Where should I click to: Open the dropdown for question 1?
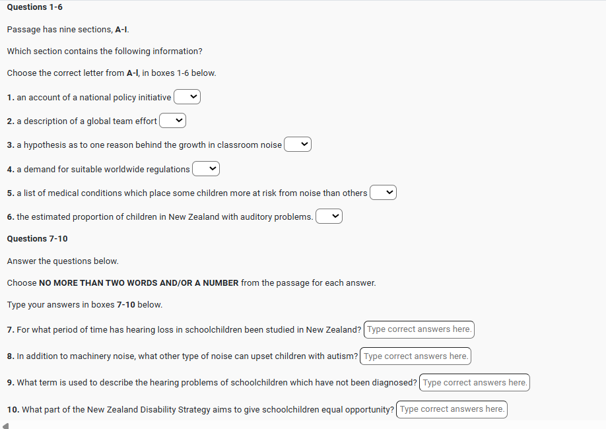pos(187,97)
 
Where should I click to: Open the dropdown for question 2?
pos(173,121)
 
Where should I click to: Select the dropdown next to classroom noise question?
pos(298,145)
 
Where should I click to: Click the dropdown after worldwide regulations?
pos(206,169)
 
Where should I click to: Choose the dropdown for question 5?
pos(383,193)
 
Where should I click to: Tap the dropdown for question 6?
pos(329,216)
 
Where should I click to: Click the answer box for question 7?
pos(419,329)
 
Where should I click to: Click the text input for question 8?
pos(415,356)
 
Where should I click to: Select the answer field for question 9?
pos(475,382)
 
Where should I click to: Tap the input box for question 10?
pos(452,409)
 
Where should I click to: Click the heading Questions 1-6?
pos(34,7)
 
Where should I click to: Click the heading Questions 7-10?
pos(37,238)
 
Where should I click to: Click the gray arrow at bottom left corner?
pos(6,426)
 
